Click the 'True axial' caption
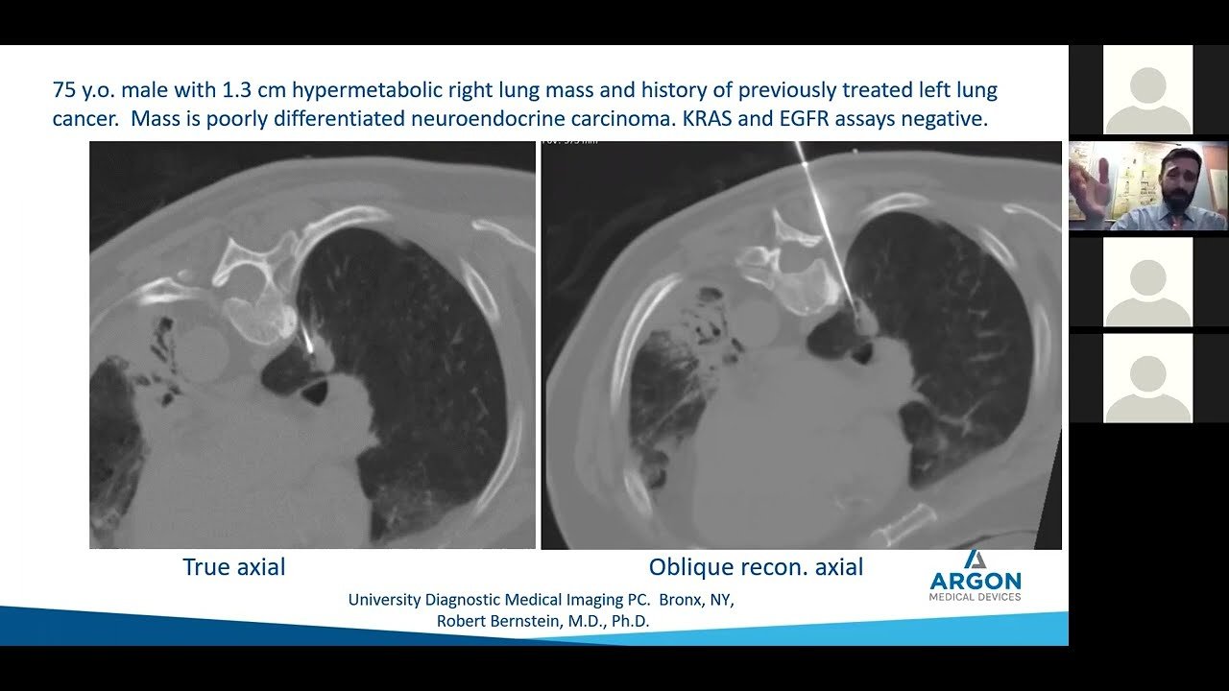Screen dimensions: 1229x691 234,567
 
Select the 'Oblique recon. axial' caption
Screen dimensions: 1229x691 756,567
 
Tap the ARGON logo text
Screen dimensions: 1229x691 976,581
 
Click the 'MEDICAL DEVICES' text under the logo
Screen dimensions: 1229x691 975,597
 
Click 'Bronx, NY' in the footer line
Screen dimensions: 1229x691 696,600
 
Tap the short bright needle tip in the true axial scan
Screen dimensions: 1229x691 306,342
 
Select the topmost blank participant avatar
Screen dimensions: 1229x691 1147,89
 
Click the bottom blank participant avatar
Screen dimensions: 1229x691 1147,378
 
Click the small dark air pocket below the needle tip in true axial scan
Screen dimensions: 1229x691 315,393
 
